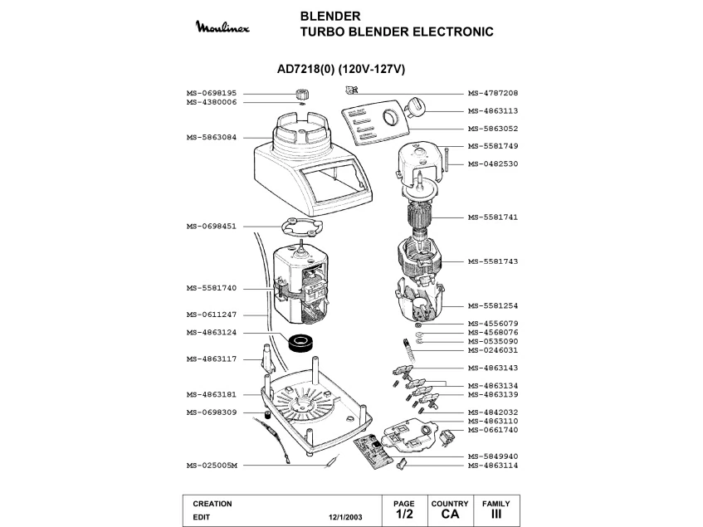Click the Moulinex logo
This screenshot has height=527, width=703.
(x=227, y=29)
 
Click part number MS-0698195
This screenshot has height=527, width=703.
(x=212, y=93)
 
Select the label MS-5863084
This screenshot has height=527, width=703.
(x=212, y=137)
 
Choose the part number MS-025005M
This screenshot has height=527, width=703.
(x=212, y=466)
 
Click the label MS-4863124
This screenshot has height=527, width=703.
(x=212, y=333)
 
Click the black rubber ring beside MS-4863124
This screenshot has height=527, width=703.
(x=299, y=340)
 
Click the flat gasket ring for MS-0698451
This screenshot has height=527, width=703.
(x=298, y=227)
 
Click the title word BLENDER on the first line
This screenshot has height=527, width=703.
(x=330, y=16)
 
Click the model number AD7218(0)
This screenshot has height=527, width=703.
(x=305, y=70)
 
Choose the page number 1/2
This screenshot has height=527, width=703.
(x=404, y=515)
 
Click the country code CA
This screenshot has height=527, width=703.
(x=450, y=515)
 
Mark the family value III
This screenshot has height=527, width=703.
(x=496, y=515)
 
